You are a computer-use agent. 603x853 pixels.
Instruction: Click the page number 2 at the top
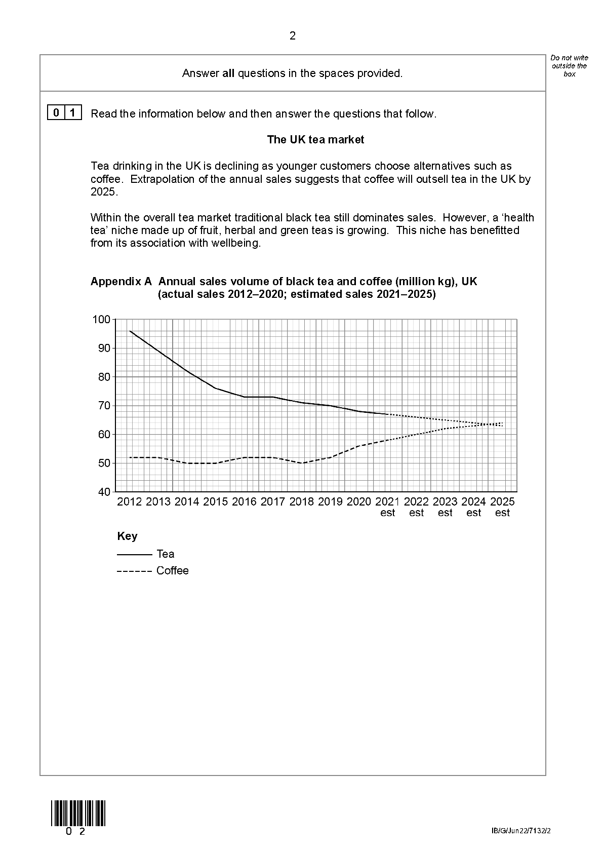coord(292,36)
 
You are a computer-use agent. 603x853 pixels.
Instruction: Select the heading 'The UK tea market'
coord(315,140)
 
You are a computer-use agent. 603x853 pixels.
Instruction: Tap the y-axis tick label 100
coord(101,319)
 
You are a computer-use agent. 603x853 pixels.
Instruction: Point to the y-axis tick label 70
coord(104,405)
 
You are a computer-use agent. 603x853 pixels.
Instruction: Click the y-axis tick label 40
coord(104,492)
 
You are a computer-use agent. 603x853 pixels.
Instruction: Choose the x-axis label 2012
coord(130,501)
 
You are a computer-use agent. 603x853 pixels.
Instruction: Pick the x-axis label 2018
coord(302,501)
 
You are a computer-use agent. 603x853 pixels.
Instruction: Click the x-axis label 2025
coord(502,501)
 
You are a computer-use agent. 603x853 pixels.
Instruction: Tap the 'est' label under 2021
coord(388,513)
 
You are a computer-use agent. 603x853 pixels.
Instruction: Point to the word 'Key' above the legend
coord(127,536)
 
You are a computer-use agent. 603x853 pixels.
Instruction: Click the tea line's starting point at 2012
coord(130,331)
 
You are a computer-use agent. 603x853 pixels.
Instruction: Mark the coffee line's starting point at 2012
coord(130,457)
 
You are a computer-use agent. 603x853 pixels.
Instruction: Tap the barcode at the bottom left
coord(78,813)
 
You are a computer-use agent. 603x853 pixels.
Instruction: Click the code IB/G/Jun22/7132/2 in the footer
coord(520,831)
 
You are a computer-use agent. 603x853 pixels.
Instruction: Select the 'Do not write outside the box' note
coord(569,66)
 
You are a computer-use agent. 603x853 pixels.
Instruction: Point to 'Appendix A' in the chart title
coord(121,282)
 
